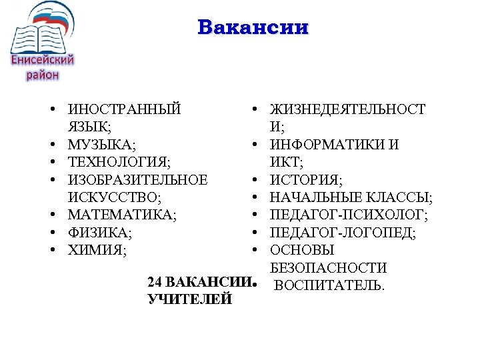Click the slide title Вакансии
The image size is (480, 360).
[x=253, y=28]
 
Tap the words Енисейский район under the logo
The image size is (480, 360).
[x=43, y=67]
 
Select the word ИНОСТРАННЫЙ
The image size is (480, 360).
[x=124, y=109]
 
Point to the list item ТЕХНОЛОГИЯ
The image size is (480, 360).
[x=118, y=162]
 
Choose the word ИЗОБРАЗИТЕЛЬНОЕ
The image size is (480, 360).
[x=137, y=180]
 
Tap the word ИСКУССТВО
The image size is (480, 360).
[x=114, y=197]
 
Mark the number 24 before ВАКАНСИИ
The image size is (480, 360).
[x=155, y=281]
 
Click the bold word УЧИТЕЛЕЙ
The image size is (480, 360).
[x=189, y=299]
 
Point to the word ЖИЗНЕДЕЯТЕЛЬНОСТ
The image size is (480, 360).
[x=347, y=109]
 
